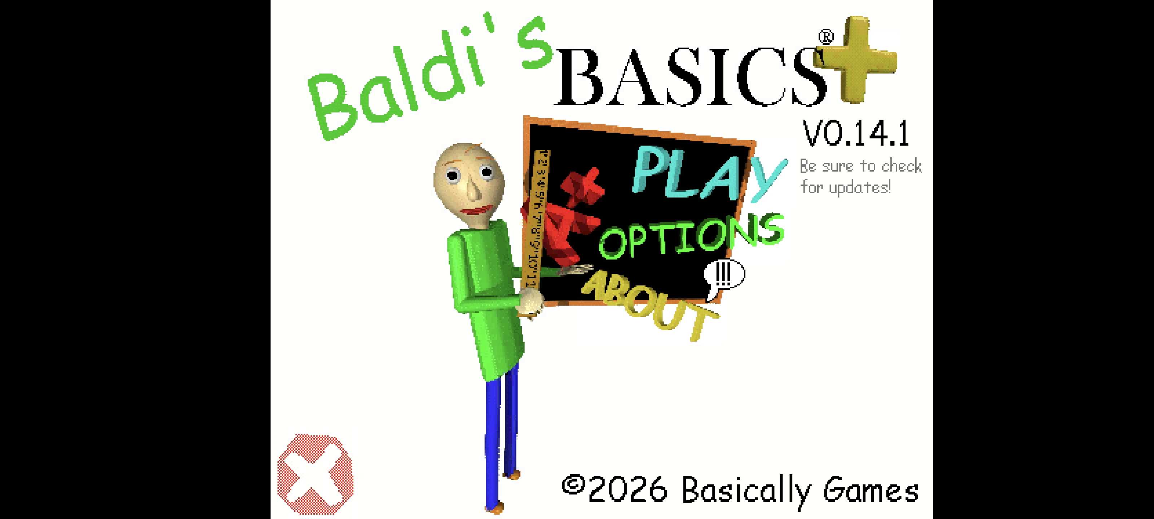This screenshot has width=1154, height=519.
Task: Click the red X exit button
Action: point(316,474)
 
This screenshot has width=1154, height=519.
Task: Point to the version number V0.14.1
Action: point(856,133)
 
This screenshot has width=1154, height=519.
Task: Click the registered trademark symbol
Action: point(825,37)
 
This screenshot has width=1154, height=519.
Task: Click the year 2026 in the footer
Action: point(627,489)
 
